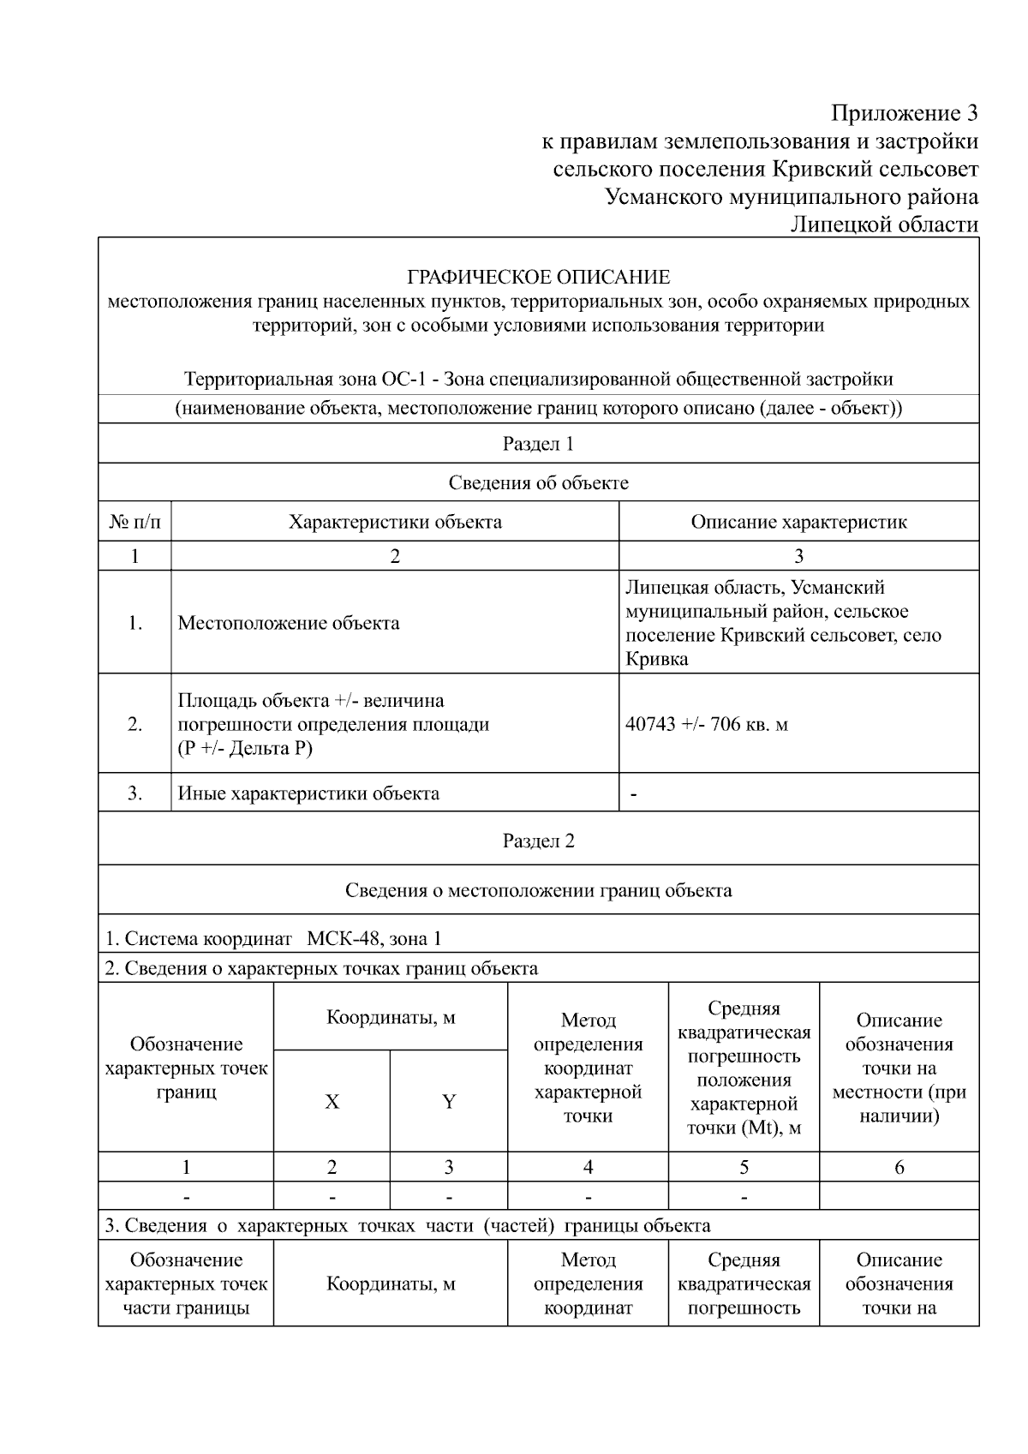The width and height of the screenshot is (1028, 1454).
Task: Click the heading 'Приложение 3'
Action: point(905,113)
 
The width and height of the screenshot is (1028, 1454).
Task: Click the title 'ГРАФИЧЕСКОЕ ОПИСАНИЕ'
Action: point(538,277)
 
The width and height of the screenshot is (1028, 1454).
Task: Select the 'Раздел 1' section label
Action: point(538,444)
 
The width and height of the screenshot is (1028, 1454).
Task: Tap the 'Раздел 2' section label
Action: point(538,841)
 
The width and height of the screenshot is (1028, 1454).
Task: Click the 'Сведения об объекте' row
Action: point(538,482)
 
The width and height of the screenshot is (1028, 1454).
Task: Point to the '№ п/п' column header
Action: point(134,522)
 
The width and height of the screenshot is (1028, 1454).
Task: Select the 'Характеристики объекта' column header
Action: point(395,522)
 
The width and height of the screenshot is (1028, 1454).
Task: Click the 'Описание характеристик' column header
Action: point(798,522)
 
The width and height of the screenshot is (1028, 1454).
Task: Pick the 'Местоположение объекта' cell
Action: point(289,623)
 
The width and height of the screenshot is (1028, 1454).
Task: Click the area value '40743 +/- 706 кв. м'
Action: point(707,724)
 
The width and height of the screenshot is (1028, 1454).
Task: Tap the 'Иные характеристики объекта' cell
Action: point(308,793)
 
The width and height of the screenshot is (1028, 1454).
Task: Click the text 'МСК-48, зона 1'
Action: point(374,938)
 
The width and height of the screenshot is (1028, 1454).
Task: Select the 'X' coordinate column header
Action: point(332,1102)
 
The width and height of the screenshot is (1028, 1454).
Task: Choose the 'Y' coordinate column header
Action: point(449,1102)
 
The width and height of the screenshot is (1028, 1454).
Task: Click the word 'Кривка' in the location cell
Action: point(657,659)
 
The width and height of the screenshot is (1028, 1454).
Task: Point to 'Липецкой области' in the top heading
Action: point(884,224)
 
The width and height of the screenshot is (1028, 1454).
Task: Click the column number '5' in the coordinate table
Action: point(744,1167)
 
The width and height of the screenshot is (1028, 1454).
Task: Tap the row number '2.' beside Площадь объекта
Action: point(134,724)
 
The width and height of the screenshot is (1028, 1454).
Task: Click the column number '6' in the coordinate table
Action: point(899,1167)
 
